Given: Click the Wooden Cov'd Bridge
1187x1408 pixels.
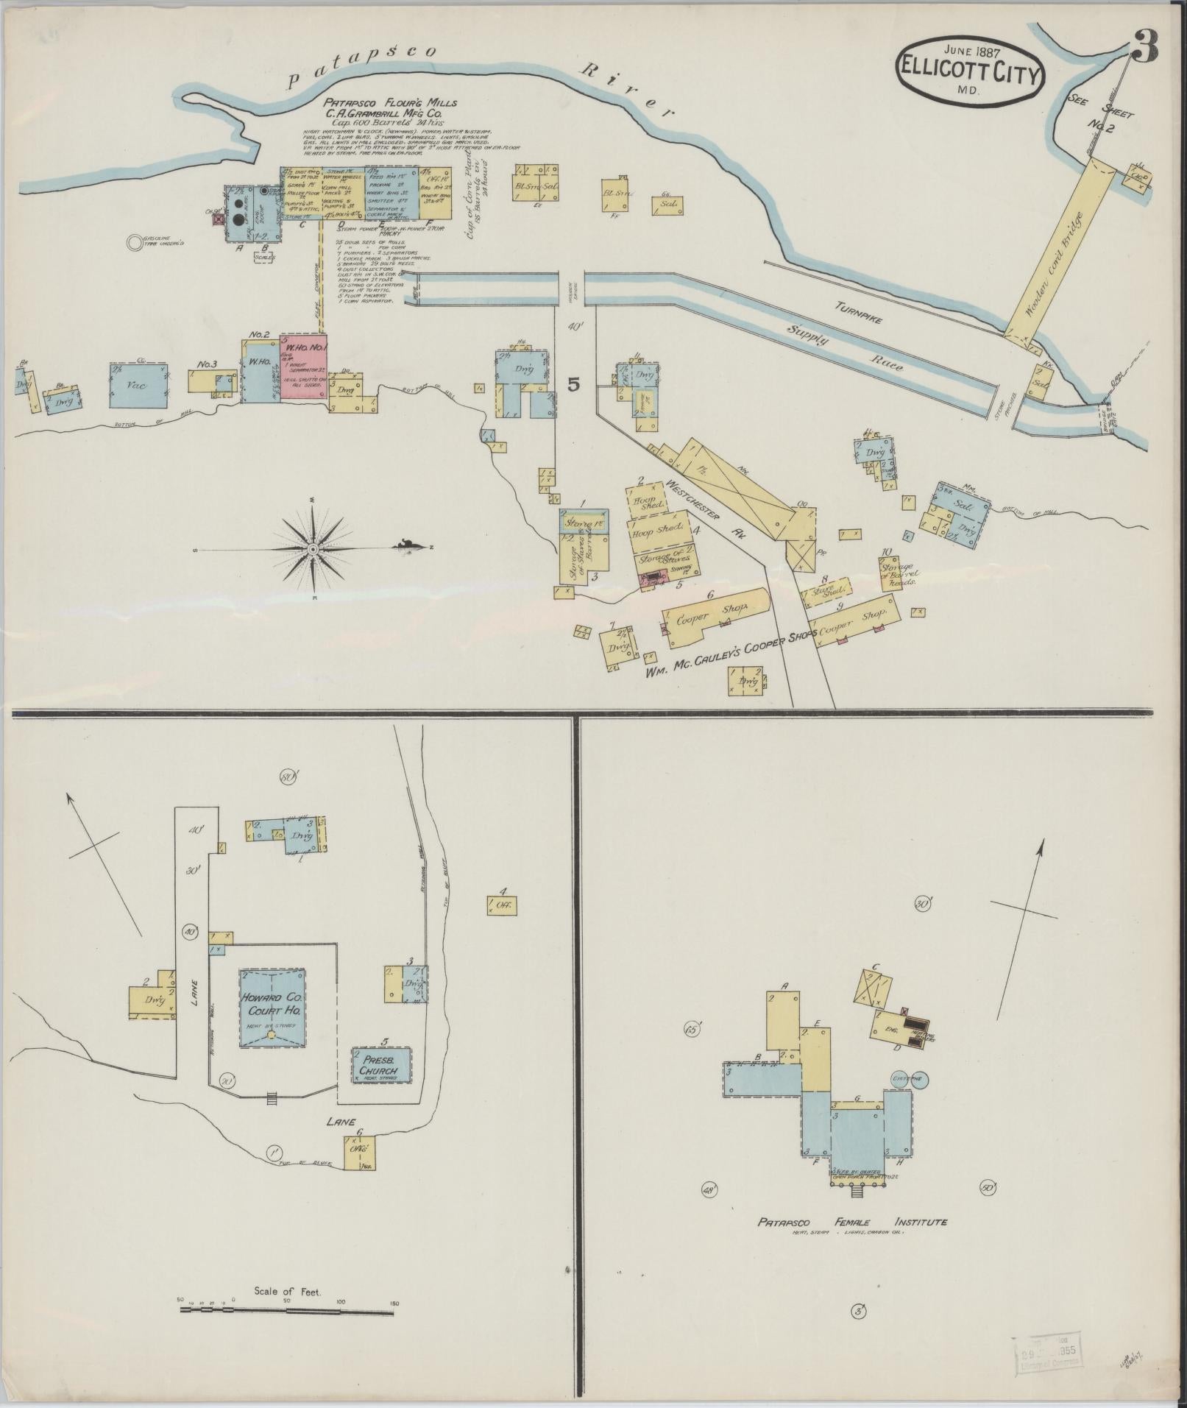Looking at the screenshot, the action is click(1057, 253).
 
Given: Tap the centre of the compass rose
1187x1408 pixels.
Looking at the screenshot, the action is click(313, 549).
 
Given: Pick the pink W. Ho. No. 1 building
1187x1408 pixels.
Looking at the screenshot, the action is click(303, 367).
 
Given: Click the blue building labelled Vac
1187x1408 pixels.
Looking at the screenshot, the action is click(138, 385).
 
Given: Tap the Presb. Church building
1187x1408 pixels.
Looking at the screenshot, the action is click(380, 1070).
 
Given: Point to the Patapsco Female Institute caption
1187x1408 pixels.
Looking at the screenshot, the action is click(852, 1223).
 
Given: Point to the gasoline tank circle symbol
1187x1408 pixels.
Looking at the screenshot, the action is click(134, 241).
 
